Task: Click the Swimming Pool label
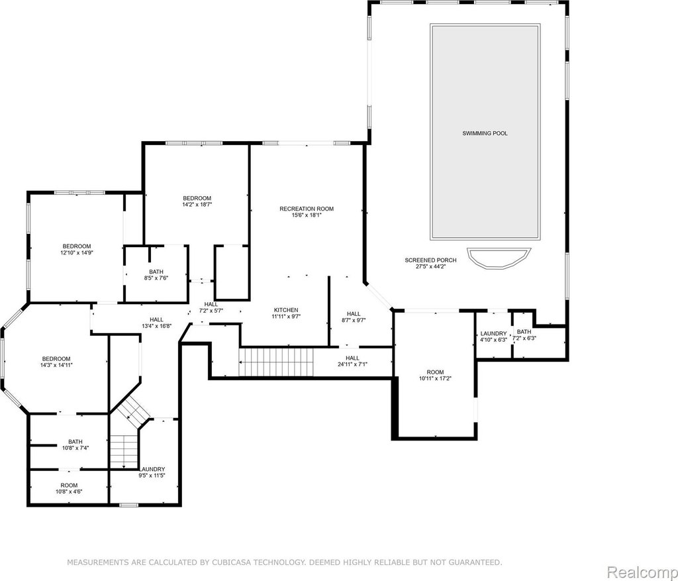click(x=485, y=133)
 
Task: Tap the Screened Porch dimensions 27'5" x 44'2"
click(x=430, y=266)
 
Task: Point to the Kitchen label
click(x=286, y=310)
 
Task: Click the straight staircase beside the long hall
click(x=276, y=362)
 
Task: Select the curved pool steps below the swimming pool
click(x=499, y=258)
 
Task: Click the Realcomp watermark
click(x=642, y=572)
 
